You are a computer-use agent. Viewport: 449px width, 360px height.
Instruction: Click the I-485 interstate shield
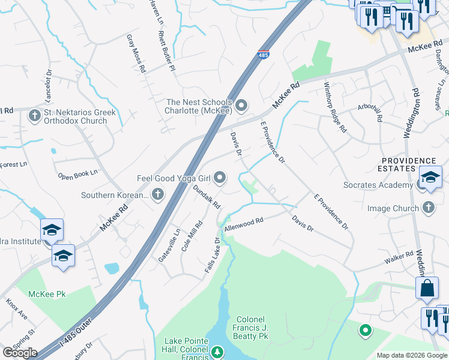click(x=264, y=54)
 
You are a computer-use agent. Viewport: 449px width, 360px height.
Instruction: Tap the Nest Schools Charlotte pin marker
click(x=241, y=106)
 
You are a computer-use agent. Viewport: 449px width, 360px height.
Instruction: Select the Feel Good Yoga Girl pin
click(x=220, y=177)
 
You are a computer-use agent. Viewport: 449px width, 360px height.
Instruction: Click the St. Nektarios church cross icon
click(x=35, y=115)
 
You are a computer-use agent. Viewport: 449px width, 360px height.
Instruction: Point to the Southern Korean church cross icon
click(x=157, y=194)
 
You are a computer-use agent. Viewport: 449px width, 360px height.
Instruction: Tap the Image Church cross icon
click(x=428, y=208)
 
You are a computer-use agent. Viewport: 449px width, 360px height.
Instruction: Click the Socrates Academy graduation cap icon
click(x=430, y=178)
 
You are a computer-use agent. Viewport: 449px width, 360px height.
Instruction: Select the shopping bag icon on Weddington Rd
click(x=426, y=288)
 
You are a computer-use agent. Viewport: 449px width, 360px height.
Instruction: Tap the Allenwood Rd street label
click(x=244, y=225)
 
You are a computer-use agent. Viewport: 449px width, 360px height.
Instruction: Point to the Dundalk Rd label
click(x=207, y=196)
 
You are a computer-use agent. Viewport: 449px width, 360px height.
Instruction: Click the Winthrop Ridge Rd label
click(x=336, y=107)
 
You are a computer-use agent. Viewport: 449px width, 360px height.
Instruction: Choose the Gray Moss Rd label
click(x=136, y=53)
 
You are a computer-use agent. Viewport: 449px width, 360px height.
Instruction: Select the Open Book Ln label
click(x=77, y=175)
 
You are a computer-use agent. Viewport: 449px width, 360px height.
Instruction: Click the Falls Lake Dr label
click(x=213, y=256)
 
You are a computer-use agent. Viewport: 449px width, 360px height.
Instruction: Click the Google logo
click(x=19, y=353)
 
